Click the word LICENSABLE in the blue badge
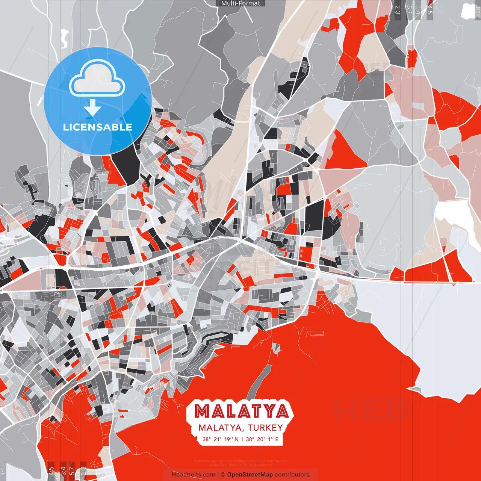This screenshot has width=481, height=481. click(x=98, y=127)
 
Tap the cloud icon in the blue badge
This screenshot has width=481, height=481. click(x=97, y=80)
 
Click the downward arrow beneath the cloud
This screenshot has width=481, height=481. click(x=92, y=108)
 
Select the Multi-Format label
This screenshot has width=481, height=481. click(x=240, y=3)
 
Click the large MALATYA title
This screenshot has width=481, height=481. click(x=242, y=411)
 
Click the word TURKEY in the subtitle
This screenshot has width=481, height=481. click(x=265, y=428)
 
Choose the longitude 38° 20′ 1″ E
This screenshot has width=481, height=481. click(x=262, y=439)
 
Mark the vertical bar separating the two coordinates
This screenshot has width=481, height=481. click(x=242, y=439)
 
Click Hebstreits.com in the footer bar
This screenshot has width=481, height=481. click(x=193, y=475)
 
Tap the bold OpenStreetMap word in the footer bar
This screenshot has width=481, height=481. click(x=250, y=475)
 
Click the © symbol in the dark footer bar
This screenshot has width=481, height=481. click(x=222, y=475)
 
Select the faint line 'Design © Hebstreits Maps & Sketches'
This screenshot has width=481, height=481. click(x=240, y=465)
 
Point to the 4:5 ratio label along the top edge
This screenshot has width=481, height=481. click(x=430, y=10)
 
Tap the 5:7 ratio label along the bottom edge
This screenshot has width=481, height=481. click(x=72, y=470)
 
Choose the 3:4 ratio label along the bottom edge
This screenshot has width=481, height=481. click(x=63, y=470)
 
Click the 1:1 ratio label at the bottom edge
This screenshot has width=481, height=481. click(x=3, y=471)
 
